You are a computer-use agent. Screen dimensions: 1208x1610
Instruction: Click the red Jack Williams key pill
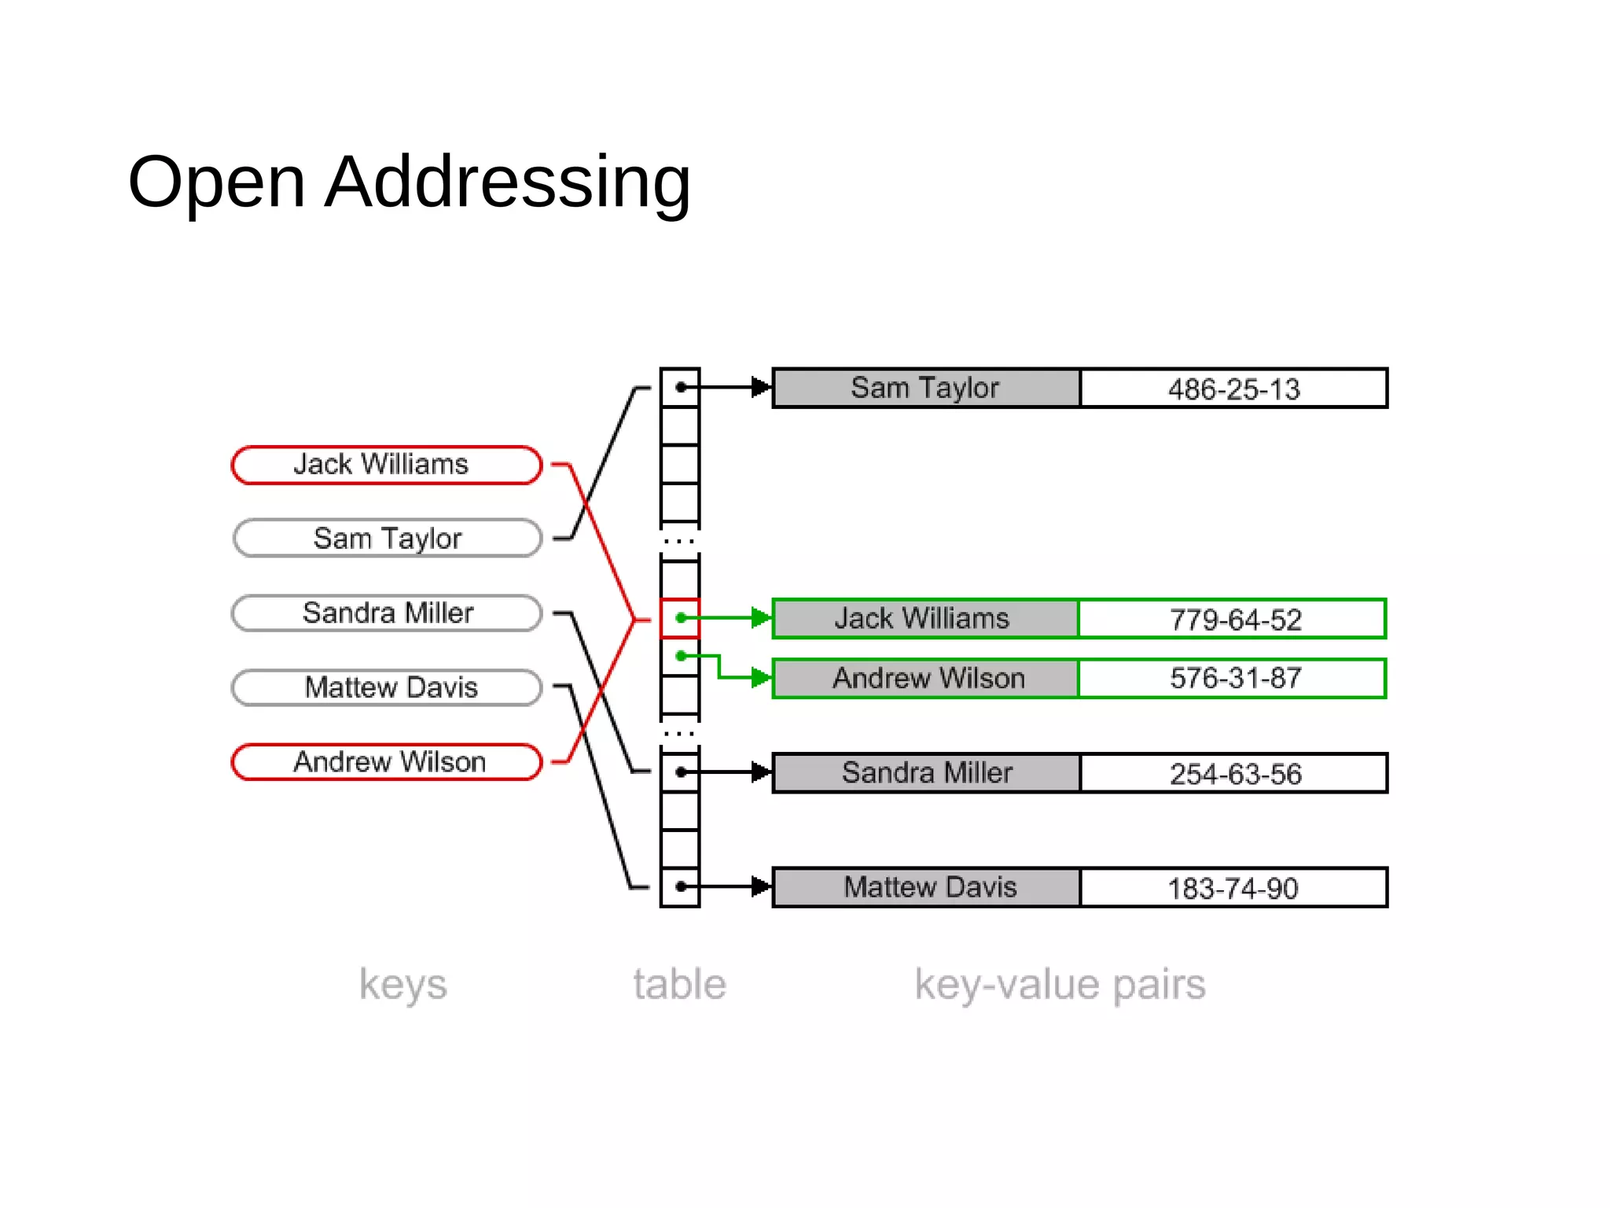pyautogui.click(x=387, y=465)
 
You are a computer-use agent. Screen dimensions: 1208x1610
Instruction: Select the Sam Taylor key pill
pyautogui.click(x=387, y=539)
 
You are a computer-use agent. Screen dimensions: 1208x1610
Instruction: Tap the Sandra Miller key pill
pyautogui.click(x=387, y=613)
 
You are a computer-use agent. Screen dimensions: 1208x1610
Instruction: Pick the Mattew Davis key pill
pyautogui.click(x=387, y=687)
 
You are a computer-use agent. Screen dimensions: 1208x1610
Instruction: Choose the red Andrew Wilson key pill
pyautogui.click(x=387, y=762)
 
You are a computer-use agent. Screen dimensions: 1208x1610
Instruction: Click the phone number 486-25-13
pyautogui.click(x=1233, y=389)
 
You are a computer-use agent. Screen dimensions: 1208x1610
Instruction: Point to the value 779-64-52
pyautogui.click(x=1233, y=619)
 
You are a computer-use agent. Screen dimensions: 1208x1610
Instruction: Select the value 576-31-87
pyautogui.click(x=1233, y=678)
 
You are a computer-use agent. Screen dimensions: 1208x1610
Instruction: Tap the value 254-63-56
pyautogui.click(x=1233, y=773)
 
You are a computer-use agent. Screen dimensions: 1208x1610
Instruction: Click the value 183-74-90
pyautogui.click(x=1233, y=888)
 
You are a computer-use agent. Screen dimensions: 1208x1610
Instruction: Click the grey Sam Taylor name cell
pyautogui.click(x=926, y=388)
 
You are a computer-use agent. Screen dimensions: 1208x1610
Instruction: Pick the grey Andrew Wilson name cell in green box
pyautogui.click(x=926, y=678)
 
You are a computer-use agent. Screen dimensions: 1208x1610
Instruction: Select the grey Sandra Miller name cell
pyautogui.click(x=926, y=772)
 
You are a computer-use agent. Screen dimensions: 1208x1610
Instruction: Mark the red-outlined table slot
pyautogui.click(x=679, y=618)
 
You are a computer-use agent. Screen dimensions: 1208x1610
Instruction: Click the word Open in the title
pyautogui.click(x=216, y=182)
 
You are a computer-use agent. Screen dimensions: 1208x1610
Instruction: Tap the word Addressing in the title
pyautogui.click(x=507, y=182)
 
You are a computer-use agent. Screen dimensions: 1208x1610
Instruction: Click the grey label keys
pyautogui.click(x=402, y=985)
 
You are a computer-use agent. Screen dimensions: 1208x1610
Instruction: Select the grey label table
pyautogui.click(x=679, y=985)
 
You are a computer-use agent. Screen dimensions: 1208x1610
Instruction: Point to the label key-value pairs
pyautogui.click(x=1060, y=985)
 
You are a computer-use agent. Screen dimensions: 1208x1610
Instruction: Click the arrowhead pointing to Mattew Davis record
pyautogui.click(x=760, y=886)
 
